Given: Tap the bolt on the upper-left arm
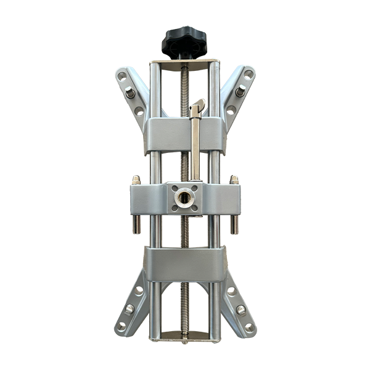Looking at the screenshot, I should (x=130, y=93).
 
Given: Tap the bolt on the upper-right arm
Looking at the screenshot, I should (x=240, y=91).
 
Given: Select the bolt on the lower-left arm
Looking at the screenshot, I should (x=130, y=308).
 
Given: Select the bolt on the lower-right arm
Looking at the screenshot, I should (x=240, y=309).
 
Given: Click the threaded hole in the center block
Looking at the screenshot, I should (x=184, y=197).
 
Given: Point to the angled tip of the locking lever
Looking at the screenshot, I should (x=199, y=105).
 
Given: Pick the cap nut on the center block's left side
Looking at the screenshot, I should (x=136, y=180).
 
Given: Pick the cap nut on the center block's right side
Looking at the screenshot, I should (x=234, y=180).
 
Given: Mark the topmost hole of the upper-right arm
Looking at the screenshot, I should (x=248, y=75).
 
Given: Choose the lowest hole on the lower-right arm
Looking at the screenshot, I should (x=249, y=326).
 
